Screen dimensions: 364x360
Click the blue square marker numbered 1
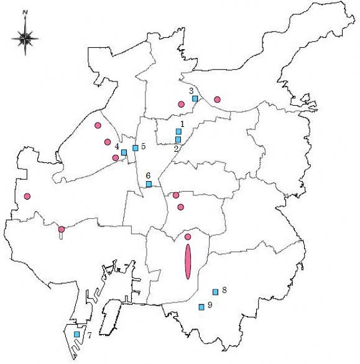tap(178, 131)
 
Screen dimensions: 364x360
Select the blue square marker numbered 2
tap(178, 139)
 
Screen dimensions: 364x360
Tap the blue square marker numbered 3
tap(195, 98)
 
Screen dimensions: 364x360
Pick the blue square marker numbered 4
tap(124, 152)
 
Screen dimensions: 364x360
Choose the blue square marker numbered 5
tap(135, 147)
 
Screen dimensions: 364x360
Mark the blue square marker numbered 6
tap(149, 184)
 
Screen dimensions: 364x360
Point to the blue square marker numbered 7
tap(76, 334)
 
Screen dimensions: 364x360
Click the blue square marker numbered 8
tap(215, 292)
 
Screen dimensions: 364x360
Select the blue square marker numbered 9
tap(201, 307)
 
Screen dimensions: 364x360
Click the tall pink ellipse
tap(188, 262)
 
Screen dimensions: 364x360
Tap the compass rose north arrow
tap(25, 37)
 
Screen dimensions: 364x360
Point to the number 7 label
tap(90, 335)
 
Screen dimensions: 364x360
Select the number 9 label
tap(210, 305)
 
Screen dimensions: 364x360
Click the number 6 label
tap(148, 175)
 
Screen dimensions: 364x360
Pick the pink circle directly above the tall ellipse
tap(188, 236)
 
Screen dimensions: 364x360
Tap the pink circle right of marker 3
tap(217, 99)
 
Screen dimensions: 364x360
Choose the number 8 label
tap(224, 290)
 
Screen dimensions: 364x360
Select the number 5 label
tap(143, 146)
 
